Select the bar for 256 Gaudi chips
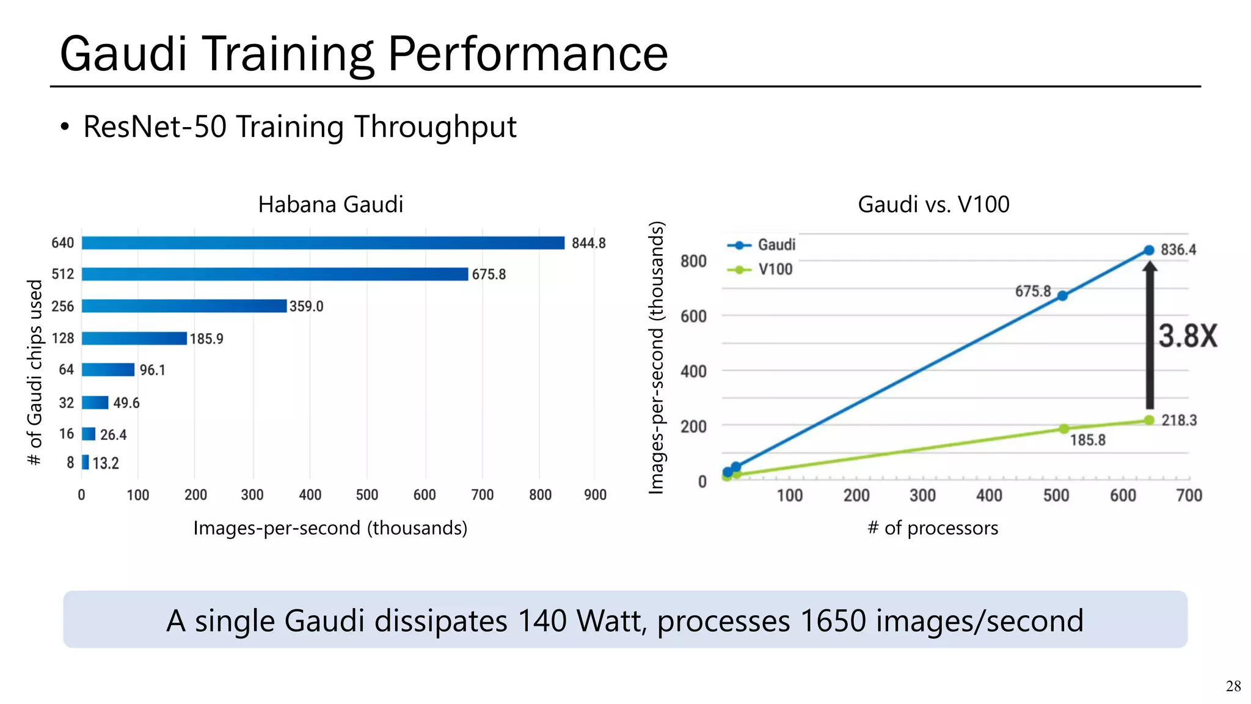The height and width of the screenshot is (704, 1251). (x=184, y=306)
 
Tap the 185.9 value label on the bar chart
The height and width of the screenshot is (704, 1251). (x=206, y=339)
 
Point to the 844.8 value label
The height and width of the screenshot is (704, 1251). (x=588, y=243)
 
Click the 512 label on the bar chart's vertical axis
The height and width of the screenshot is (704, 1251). (x=63, y=274)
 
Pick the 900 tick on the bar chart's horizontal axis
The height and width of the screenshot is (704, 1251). (x=595, y=495)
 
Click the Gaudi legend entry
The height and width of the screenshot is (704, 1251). (x=762, y=245)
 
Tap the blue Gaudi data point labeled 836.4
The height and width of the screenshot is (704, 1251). (x=1149, y=250)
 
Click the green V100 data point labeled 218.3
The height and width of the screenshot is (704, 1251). (x=1149, y=420)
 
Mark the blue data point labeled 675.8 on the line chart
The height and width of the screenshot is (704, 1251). (x=1062, y=296)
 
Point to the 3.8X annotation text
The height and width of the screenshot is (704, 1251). (x=1187, y=336)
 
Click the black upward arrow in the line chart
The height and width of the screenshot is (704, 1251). (x=1150, y=336)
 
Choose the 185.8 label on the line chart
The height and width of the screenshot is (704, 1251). (x=1087, y=440)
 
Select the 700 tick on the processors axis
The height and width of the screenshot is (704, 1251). (x=1189, y=495)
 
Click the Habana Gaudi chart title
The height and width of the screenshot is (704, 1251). (x=330, y=204)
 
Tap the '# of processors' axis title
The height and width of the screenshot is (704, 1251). (x=933, y=527)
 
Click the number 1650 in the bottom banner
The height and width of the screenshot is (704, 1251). (x=833, y=621)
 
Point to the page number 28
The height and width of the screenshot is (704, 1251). (x=1233, y=686)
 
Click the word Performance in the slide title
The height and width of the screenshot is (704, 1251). (x=528, y=54)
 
